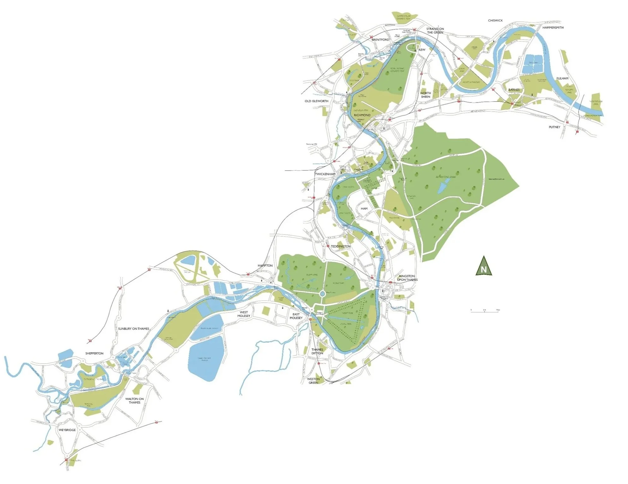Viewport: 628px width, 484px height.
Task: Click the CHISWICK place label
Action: coord(495,21)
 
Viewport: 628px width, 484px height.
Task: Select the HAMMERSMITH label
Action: coord(553,28)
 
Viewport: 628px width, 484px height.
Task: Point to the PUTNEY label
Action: coord(554,127)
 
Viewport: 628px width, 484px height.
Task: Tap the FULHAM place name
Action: coord(562,78)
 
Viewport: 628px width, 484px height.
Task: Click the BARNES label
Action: coord(514,90)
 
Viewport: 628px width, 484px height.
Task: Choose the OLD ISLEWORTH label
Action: coord(317,101)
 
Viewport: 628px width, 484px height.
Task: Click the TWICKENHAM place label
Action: coord(325,174)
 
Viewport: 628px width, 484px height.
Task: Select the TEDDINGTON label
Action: coord(341,246)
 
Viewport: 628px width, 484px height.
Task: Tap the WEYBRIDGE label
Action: coord(67,430)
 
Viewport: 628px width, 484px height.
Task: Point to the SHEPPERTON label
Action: coord(94,353)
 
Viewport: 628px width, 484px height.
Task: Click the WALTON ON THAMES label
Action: coord(135,400)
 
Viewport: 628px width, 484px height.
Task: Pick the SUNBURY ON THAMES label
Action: coord(133,329)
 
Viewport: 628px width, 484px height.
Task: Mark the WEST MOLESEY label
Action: coord(244,314)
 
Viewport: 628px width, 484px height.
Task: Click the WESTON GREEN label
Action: coord(313,381)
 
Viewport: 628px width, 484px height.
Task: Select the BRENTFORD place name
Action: coord(380,40)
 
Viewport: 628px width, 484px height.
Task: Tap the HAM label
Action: coord(364,209)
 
